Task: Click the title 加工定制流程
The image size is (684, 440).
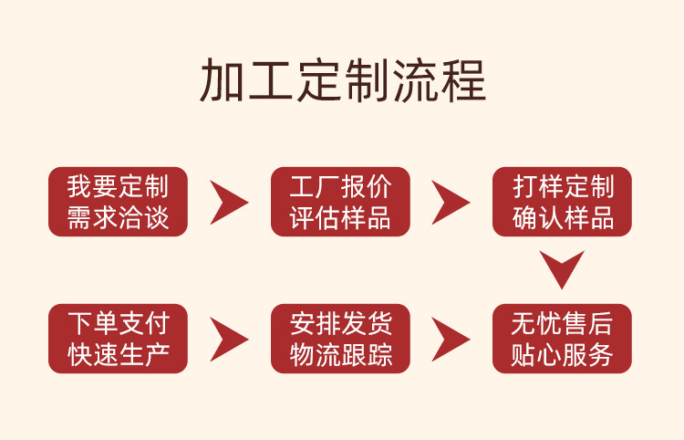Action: pos(342,81)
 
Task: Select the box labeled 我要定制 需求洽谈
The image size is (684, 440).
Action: pos(118,202)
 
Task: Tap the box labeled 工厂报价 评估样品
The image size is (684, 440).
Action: pos(340,202)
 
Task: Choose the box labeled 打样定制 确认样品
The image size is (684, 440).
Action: pos(563,202)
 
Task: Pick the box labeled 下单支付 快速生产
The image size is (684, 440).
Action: pos(118,339)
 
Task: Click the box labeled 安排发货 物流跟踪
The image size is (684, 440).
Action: pos(340,339)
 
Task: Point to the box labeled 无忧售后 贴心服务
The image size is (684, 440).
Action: pos(563,339)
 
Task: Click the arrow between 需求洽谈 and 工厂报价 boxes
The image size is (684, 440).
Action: pos(228,202)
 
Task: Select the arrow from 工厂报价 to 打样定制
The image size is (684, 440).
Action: pos(451,202)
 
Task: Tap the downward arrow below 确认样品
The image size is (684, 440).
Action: pos(562,269)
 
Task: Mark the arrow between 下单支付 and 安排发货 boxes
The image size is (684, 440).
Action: pos(228,339)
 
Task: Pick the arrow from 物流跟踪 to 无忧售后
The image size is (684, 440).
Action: pos(451,339)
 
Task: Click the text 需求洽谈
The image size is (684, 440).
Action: pos(118,219)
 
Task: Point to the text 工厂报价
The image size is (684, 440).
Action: pos(340,186)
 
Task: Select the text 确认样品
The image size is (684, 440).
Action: pos(563,219)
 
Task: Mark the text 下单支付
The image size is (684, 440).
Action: pos(118,322)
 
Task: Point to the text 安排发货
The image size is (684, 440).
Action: pos(340,322)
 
